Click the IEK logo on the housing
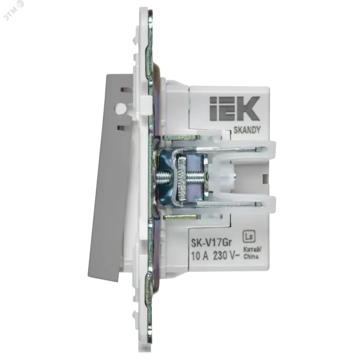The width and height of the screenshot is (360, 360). point(234,108)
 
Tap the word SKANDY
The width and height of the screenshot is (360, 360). point(247,130)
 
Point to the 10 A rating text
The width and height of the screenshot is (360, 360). point(200,256)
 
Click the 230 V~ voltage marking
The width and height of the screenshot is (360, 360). point(226,256)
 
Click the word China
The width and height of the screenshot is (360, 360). point(251,256)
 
